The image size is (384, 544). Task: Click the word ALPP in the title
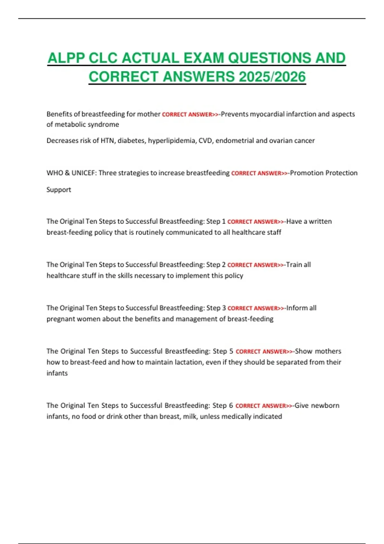(66, 58)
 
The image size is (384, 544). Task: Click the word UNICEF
(83, 173)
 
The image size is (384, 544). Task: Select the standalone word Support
(59, 190)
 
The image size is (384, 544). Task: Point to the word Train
(294, 265)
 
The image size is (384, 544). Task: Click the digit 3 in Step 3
(224, 308)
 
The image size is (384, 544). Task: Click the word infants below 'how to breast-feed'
(57, 373)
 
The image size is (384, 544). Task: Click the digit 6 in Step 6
(231, 405)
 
